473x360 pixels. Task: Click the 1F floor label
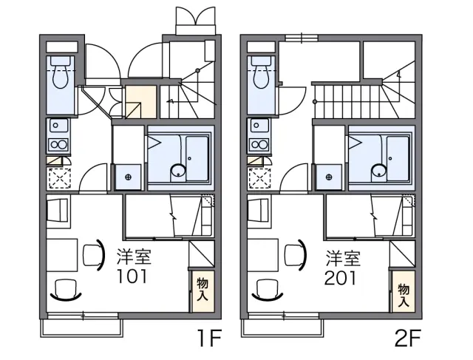pos(209,339)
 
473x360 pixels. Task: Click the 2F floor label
pos(407,339)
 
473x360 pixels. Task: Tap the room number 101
pos(132,276)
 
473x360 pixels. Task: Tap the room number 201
pos(341,278)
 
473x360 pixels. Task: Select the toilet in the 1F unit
pos(61,72)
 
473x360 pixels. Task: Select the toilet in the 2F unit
pos(262,72)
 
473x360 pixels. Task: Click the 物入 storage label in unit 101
pos(203,290)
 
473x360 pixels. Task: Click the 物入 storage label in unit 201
pos(404,296)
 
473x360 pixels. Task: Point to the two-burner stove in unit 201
pos(259,145)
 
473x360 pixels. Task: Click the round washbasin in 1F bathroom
pos(177,171)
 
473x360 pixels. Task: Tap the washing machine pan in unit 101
pos(128,177)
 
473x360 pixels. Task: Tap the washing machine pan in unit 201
pos(329,177)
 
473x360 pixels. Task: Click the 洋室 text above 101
pos(134,257)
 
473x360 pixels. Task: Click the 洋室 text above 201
pos(343,258)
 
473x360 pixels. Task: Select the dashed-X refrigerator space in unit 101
pos(59,179)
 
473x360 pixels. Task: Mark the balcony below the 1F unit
pos(81,327)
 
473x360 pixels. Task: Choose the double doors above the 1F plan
pos(196,20)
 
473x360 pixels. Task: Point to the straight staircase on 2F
pos(347,101)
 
